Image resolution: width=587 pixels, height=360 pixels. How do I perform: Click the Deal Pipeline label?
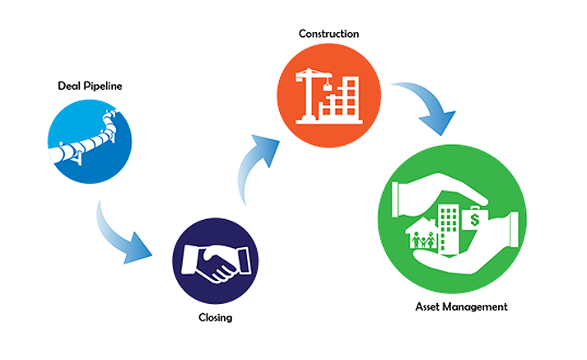click(90, 86)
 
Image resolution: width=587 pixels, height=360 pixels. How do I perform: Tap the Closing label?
click(215, 318)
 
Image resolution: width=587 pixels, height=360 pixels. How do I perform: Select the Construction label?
click(328, 34)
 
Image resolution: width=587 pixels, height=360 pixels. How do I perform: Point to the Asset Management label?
click(461, 306)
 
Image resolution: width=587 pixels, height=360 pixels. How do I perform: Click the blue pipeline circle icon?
click(90, 142)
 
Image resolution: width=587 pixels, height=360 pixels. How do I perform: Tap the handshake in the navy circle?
click(216, 263)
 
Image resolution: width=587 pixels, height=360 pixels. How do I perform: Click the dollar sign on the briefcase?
click(475, 219)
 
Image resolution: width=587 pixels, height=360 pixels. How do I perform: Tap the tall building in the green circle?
click(449, 229)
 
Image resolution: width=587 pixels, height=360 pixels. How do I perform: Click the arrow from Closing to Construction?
click(249, 165)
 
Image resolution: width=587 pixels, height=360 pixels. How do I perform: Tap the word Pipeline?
click(103, 86)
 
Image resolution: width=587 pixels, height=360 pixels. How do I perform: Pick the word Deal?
click(69, 86)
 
